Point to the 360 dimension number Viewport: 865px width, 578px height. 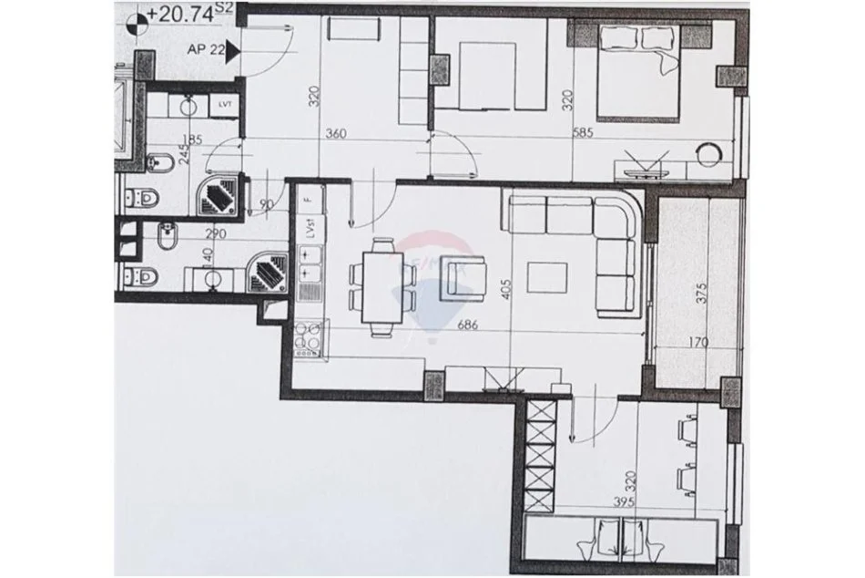pos(336,134)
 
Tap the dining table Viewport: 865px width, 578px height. pos(380,284)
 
